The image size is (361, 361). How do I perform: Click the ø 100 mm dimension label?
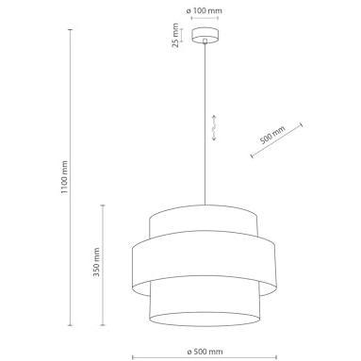205,11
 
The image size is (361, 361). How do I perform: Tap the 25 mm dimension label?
175,35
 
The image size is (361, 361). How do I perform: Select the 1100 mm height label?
64,177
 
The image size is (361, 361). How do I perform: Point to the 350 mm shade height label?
96,262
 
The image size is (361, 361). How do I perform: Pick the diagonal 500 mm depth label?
272,135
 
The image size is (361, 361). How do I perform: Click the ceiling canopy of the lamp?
205,35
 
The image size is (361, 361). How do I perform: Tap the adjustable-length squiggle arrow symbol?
214,127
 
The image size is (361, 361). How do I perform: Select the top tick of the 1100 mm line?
71,29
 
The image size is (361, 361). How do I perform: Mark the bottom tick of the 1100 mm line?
71,325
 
